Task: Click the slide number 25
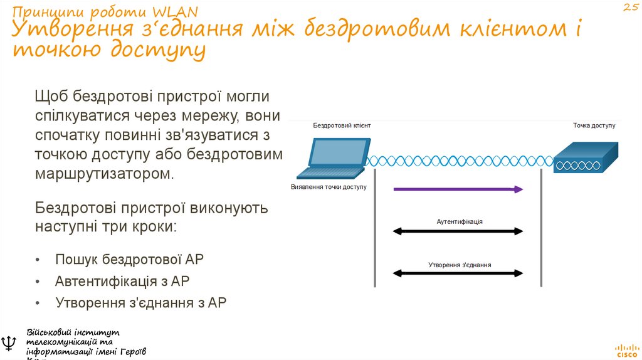point(630,8)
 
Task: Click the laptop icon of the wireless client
point(333,157)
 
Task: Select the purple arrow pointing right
point(458,189)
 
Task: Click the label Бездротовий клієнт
point(342,125)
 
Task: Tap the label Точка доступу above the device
point(594,125)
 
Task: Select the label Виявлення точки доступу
point(329,187)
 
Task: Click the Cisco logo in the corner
point(626,349)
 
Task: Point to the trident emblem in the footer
point(10,343)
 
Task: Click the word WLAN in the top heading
point(176,12)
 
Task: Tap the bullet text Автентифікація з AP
point(122,281)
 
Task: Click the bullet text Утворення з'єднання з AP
point(140,302)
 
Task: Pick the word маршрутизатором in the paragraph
point(103,173)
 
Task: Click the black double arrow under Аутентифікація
point(458,231)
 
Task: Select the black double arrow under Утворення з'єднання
point(458,273)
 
